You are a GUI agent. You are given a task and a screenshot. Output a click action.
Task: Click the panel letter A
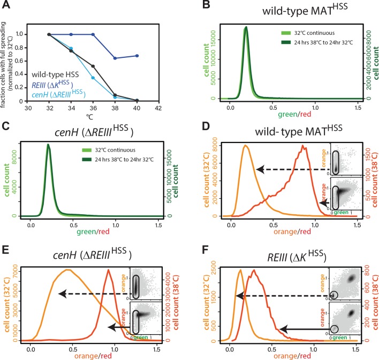point(7,6)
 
